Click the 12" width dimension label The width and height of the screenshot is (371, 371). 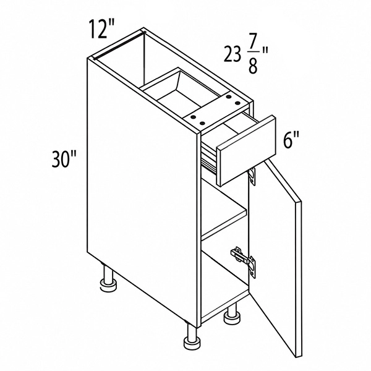point(102,29)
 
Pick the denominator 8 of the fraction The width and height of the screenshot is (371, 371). point(252,67)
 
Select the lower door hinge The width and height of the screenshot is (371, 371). point(244,261)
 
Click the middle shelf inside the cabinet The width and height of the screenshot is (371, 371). point(224,222)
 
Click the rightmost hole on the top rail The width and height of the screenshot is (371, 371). point(237,103)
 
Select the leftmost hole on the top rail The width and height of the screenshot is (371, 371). point(194,117)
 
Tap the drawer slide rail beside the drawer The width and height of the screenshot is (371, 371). point(209,161)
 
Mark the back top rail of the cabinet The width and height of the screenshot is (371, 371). point(119,45)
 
